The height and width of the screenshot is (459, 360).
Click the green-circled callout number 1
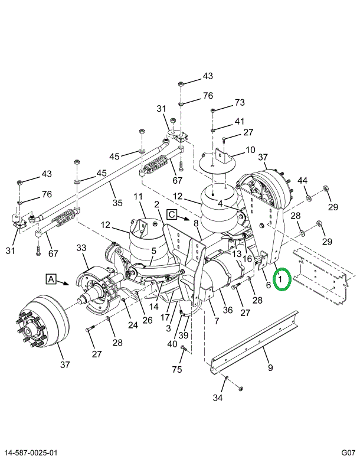280,279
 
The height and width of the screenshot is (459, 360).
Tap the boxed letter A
51,279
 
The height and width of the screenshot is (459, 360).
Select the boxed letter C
172,214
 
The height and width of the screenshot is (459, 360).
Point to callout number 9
270,367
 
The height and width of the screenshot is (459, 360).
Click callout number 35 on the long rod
117,203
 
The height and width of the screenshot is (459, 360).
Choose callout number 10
250,150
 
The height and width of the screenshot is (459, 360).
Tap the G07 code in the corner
348,453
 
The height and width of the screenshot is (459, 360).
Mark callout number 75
177,369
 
